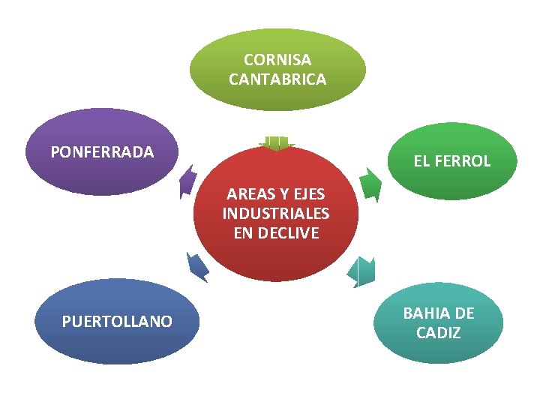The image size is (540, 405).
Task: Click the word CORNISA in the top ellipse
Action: (x=277, y=60)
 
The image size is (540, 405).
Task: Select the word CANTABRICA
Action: (x=277, y=79)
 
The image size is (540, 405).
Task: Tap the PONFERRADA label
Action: (x=102, y=152)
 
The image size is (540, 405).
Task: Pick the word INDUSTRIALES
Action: (x=276, y=214)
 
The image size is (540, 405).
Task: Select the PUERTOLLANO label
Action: (x=117, y=322)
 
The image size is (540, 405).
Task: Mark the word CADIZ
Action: (x=439, y=332)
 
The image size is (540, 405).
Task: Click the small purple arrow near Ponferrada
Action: (x=187, y=181)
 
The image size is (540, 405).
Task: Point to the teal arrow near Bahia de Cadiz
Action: (x=363, y=271)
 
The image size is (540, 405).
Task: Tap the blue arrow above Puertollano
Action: (x=197, y=265)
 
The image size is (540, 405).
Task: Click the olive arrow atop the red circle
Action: (x=277, y=142)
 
